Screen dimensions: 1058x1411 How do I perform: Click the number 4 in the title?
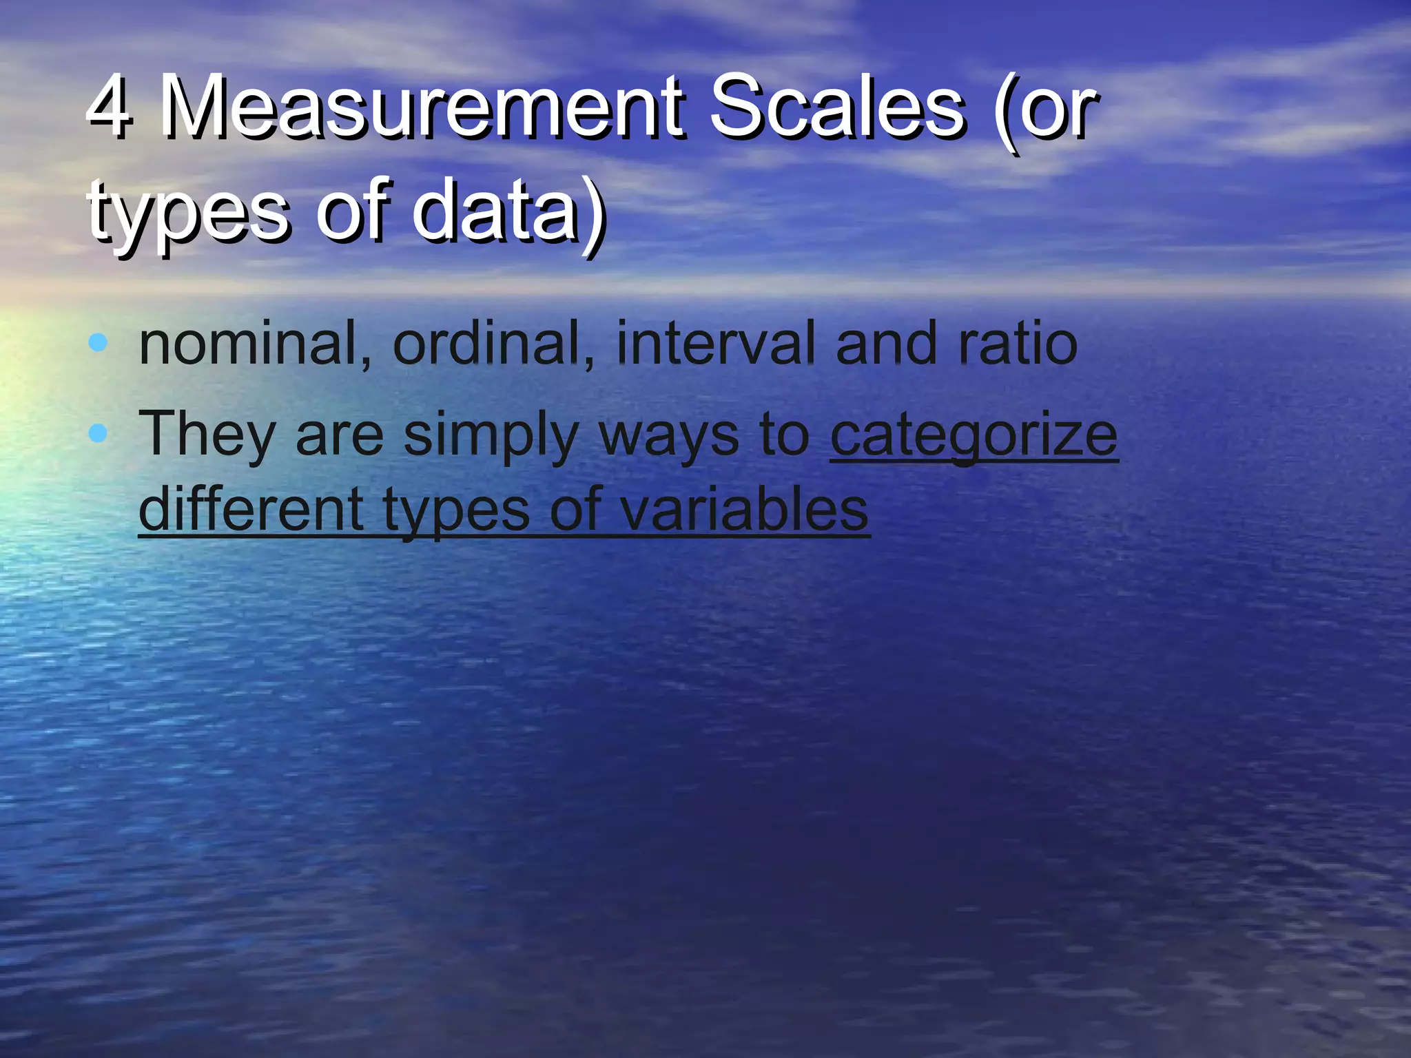(110, 107)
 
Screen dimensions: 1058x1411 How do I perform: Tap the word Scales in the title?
(836, 107)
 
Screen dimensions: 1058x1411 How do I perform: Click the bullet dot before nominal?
(99, 342)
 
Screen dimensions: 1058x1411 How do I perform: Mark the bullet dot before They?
(99, 433)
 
